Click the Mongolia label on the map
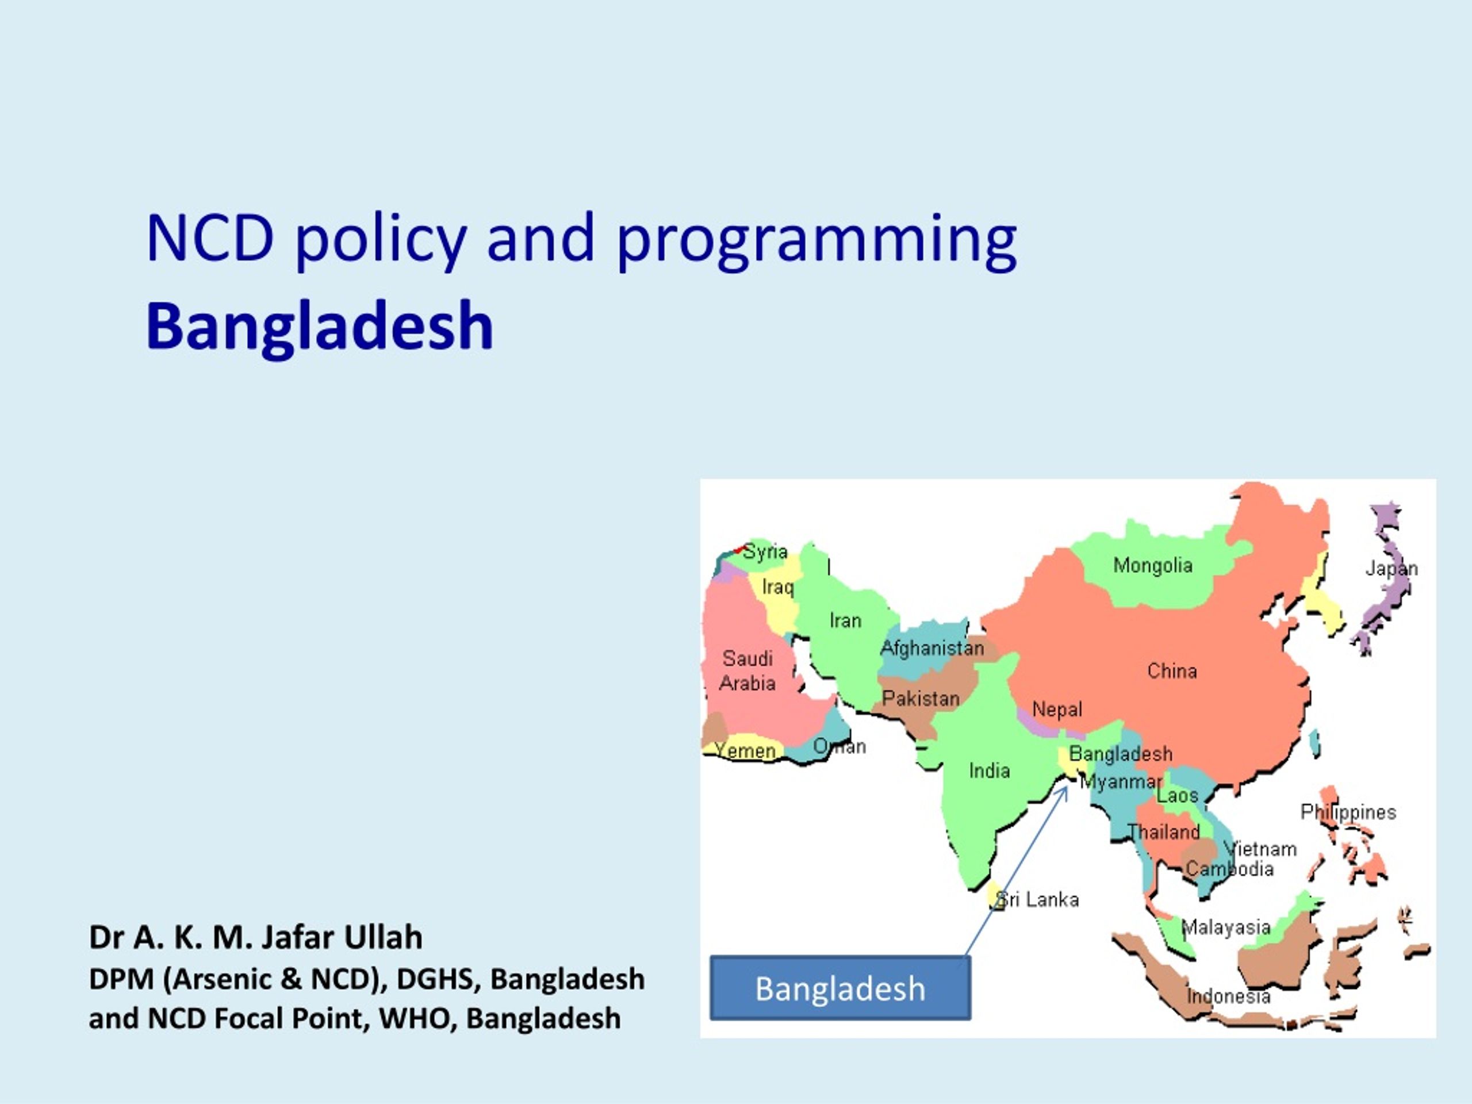1152,566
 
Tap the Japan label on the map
1391,568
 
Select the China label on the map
1172,671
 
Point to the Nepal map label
1057,710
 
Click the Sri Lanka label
1037,900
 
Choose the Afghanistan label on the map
931,648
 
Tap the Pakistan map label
921,699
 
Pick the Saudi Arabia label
747,671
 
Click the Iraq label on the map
778,588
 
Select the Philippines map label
1348,812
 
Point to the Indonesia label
1228,996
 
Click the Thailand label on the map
1163,832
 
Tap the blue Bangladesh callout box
840,988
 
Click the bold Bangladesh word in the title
320,326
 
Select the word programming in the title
816,240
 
